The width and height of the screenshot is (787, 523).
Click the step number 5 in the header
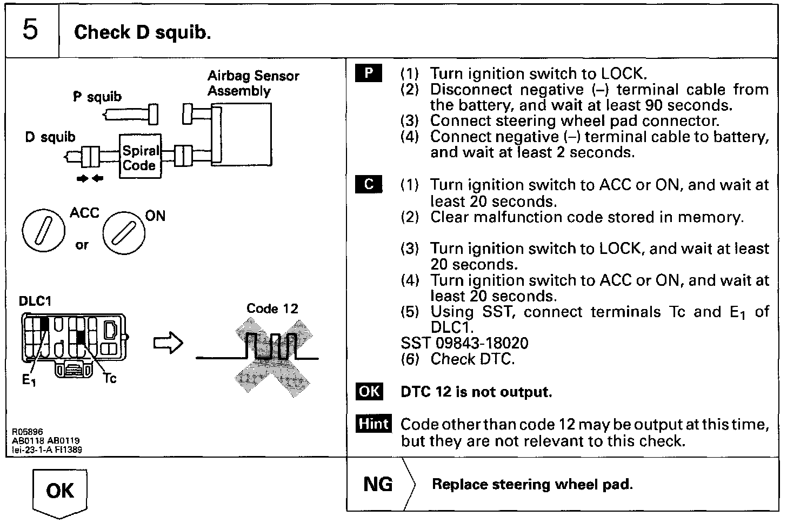(x=30, y=30)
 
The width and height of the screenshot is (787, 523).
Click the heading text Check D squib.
(x=142, y=32)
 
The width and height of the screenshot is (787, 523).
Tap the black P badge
(x=368, y=73)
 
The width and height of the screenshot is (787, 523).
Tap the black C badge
(x=369, y=184)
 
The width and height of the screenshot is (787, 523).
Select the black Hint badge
(x=374, y=424)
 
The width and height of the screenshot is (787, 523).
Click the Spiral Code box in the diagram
(x=140, y=156)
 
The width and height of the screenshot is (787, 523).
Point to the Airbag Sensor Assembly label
(x=253, y=83)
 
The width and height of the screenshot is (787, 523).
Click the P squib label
(x=97, y=97)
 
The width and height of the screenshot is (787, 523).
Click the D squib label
(x=50, y=137)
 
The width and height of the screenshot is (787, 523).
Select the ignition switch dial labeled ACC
(x=44, y=231)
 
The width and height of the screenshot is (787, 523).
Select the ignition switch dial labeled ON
(x=124, y=233)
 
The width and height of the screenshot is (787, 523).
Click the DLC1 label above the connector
(x=35, y=301)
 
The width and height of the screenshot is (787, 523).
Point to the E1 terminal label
(x=29, y=380)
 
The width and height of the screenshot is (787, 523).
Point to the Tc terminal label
(x=110, y=379)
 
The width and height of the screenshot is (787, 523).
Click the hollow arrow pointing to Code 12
(x=168, y=343)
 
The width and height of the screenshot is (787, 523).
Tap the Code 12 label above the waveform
(x=272, y=309)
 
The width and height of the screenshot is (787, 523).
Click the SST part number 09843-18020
(x=482, y=343)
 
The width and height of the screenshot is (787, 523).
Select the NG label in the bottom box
(x=378, y=484)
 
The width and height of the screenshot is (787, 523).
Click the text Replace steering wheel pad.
(x=532, y=484)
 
